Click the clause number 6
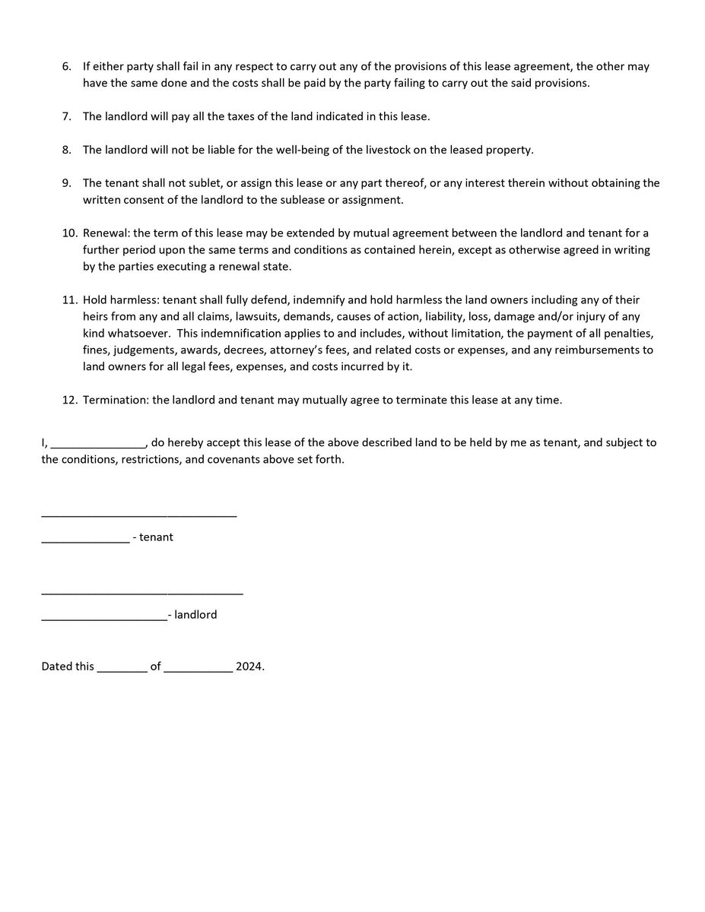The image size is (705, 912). pyautogui.click(x=67, y=67)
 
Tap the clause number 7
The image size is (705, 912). pyautogui.click(x=67, y=117)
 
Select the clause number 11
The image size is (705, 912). pyautogui.click(x=69, y=300)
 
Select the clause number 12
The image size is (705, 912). pyautogui.click(x=69, y=400)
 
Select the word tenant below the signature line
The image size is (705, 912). pyautogui.click(x=156, y=537)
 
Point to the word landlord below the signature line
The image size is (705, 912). pyautogui.click(x=195, y=614)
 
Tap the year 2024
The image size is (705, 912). pyautogui.click(x=249, y=667)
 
